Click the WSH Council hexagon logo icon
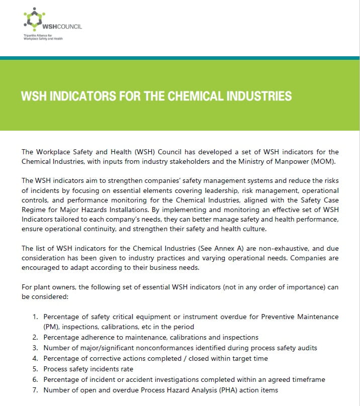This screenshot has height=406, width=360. [x=34, y=19]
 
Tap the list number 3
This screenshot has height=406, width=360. [x=35, y=348]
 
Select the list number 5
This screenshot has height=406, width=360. [x=35, y=369]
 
